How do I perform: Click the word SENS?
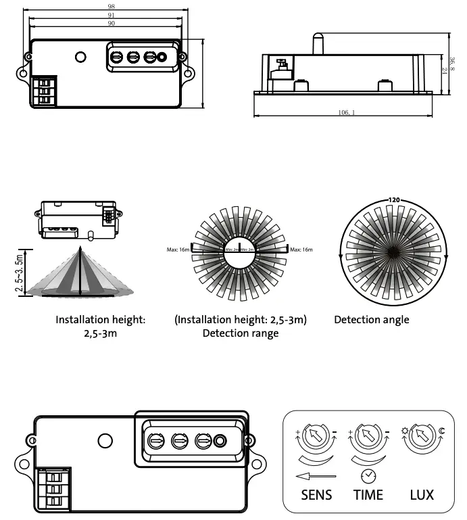316,494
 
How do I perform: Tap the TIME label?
368,494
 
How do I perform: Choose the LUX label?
422,494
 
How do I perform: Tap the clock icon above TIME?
368,475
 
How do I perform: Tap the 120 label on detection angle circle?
395,200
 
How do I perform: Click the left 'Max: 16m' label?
178,250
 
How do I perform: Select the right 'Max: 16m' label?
301,250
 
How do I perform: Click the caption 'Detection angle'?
371,320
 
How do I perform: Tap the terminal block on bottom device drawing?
53,488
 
